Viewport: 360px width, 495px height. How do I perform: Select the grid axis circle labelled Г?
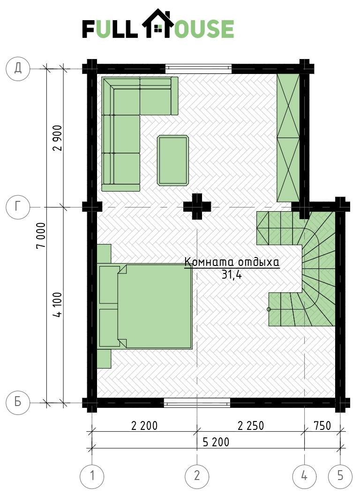point(18,207)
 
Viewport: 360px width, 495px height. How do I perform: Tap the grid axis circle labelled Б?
point(18,402)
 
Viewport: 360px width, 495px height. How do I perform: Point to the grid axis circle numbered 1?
point(92,476)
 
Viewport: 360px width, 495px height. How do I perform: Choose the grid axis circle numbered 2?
point(197,476)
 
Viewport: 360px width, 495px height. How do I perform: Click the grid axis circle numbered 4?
point(304,476)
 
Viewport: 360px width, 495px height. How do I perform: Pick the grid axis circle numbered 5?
point(340,476)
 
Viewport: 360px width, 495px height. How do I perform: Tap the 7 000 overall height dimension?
point(41,236)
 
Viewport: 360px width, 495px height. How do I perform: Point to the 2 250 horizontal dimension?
point(251,426)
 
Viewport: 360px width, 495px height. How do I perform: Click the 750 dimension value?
point(322,426)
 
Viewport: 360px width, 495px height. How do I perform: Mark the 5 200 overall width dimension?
point(216,442)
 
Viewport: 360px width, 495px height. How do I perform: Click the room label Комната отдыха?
point(232,262)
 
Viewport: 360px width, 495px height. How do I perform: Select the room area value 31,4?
point(232,274)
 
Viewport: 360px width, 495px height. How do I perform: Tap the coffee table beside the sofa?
point(173,160)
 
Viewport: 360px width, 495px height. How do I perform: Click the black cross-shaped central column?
point(197,207)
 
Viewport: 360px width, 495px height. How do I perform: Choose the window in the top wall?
point(198,67)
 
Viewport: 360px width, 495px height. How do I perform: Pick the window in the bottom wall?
point(197,403)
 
